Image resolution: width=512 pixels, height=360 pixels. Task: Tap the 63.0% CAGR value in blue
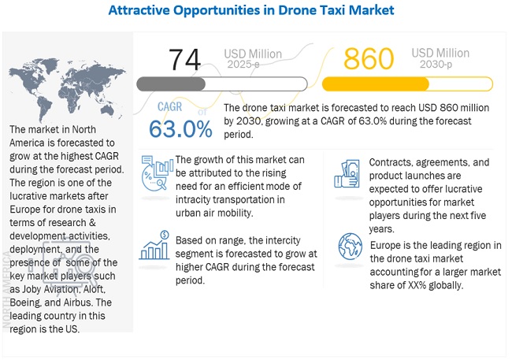pyautogui.click(x=177, y=128)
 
